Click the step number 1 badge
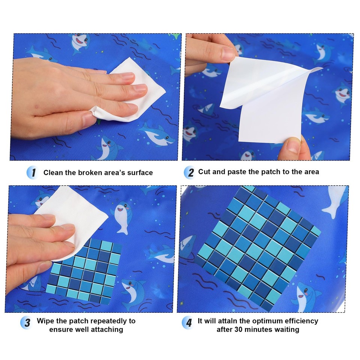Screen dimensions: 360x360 click(33, 172)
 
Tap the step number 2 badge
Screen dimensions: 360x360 click(190, 172)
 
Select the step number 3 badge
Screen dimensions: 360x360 click(27, 322)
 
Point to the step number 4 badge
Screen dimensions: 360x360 click(188, 322)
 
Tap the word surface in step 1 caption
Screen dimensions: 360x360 click(140, 172)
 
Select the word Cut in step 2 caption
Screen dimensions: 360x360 click(204, 172)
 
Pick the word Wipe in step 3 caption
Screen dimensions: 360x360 click(45, 321)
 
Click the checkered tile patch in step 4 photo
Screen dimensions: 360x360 click(258, 248)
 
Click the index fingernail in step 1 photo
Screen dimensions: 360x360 click(128, 76)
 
